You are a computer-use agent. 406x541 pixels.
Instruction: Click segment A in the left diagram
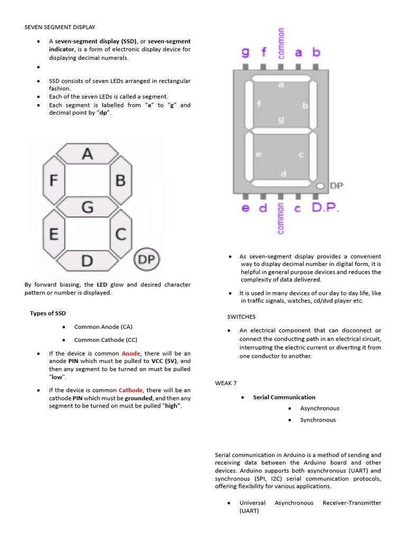(87, 154)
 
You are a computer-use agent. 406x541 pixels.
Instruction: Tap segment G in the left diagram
(87, 207)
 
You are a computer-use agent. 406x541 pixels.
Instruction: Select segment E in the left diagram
(54, 233)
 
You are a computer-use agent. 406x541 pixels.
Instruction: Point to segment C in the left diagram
(121, 233)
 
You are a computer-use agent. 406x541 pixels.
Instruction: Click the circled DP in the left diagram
(146, 260)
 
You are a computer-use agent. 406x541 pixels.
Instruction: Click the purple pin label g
(245, 52)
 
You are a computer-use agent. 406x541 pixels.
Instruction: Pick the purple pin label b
(316, 52)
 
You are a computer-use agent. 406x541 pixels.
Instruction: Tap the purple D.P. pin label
(325, 208)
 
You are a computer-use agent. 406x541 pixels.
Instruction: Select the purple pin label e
(245, 208)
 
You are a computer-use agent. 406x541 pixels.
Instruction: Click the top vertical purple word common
(281, 42)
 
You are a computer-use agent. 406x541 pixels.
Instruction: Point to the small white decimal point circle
(320, 186)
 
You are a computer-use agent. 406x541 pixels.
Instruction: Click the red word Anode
(131, 353)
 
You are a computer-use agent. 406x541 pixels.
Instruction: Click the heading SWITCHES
(241, 317)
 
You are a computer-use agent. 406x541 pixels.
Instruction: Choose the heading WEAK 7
(228, 382)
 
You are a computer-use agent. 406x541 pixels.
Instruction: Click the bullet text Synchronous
(318, 420)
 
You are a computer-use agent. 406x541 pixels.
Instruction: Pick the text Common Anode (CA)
(103, 327)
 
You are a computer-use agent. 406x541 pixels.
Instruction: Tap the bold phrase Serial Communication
(284, 397)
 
